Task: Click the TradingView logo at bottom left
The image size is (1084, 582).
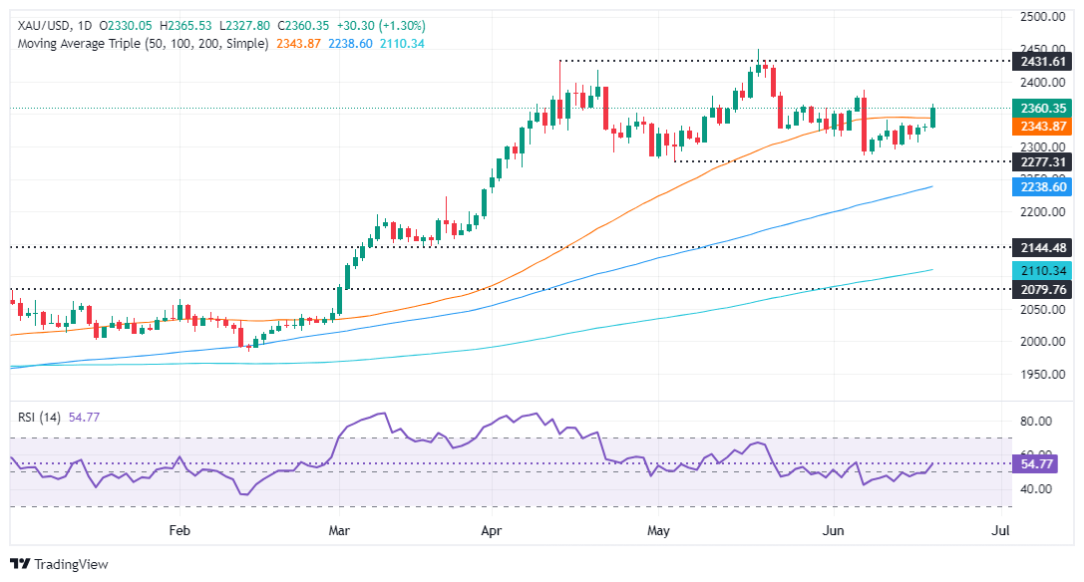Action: (x=59, y=564)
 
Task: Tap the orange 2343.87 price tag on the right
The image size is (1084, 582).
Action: (x=1040, y=127)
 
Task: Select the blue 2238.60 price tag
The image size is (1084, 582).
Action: (x=1040, y=186)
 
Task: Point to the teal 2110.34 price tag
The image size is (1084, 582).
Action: (x=1040, y=270)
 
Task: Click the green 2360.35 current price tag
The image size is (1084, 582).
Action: (x=1040, y=109)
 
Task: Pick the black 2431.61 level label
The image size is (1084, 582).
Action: (x=1040, y=62)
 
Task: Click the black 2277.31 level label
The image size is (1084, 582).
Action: (x=1040, y=161)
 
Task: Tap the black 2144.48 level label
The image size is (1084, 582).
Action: (x=1040, y=247)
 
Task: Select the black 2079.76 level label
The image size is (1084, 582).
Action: (x=1040, y=289)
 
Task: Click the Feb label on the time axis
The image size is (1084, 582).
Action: (x=180, y=531)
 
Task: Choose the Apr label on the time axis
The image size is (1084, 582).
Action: (x=491, y=531)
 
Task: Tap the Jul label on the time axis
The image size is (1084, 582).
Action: (x=999, y=531)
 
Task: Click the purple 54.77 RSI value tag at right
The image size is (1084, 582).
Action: (x=1040, y=464)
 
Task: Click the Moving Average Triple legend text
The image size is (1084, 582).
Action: (x=139, y=44)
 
